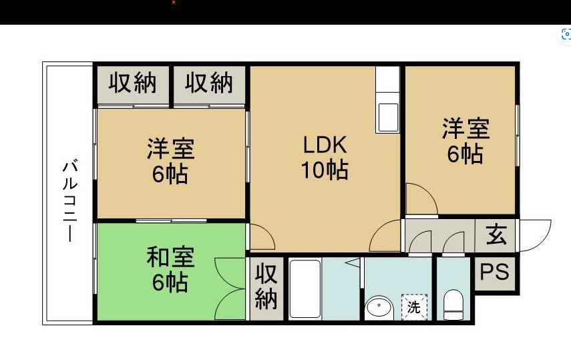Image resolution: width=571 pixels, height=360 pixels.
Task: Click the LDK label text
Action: (325, 145)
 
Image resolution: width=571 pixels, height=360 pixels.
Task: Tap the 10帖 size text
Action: (325, 170)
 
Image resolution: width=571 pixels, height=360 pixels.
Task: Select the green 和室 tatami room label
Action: (170, 256)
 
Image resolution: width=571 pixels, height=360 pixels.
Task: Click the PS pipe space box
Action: (495, 273)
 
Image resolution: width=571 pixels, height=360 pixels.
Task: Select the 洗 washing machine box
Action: (414, 307)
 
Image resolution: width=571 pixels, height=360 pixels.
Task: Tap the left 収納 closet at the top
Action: (133, 83)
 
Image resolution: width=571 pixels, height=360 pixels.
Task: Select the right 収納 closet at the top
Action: (209, 83)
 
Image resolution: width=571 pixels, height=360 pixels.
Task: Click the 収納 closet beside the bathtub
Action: (266, 287)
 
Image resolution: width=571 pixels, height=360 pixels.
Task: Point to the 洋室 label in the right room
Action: (465, 128)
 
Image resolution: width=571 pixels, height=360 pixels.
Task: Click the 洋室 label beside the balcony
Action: (170, 148)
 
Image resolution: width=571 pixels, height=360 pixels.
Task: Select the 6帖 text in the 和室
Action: (170, 283)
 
